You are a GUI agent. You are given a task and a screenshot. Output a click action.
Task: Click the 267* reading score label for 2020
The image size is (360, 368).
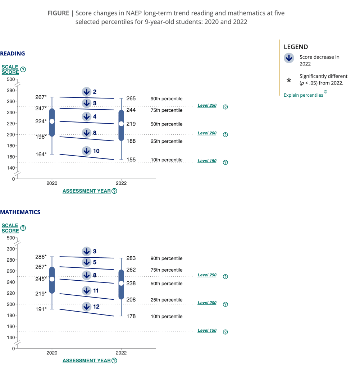[41, 97]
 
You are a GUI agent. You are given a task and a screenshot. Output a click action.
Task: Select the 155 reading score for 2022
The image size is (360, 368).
[131, 160]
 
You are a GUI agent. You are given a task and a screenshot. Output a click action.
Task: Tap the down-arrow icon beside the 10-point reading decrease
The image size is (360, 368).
[87, 151]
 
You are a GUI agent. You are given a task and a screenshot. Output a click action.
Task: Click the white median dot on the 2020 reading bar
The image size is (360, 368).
[52, 121]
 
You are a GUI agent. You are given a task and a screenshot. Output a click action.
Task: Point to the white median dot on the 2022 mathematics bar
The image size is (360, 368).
[121, 283]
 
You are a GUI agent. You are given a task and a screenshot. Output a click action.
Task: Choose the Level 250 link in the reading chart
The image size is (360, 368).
[207, 105]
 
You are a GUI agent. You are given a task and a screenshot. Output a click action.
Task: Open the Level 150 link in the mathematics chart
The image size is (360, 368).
[207, 331]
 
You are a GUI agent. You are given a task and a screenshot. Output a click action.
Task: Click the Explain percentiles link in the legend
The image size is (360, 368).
[304, 95]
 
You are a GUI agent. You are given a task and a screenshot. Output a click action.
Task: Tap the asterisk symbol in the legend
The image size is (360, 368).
[289, 80]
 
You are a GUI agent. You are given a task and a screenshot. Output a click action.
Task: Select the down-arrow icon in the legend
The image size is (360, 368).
[289, 58]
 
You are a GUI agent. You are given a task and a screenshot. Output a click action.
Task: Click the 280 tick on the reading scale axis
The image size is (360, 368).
[11, 90]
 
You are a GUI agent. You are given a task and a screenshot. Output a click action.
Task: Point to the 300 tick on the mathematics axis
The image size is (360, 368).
[11, 249]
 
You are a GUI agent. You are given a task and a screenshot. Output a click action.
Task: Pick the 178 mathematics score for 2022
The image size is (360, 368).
[131, 316]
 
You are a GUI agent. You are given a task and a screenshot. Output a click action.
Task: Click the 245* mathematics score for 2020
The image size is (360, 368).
[41, 279]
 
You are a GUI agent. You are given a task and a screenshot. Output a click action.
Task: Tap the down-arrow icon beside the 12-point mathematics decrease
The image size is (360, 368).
[87, 307]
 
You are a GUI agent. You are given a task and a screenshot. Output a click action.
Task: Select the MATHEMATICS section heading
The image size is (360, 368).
[20, 212]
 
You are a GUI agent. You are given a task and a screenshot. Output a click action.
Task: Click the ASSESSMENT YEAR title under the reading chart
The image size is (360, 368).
[86, 191]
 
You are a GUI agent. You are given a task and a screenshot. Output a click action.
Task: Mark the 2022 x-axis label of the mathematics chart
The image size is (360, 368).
[121, 353]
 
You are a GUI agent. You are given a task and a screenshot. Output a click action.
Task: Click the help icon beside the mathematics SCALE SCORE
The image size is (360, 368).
[23, 228]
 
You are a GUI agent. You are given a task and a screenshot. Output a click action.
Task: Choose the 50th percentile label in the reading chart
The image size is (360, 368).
[167, 124]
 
